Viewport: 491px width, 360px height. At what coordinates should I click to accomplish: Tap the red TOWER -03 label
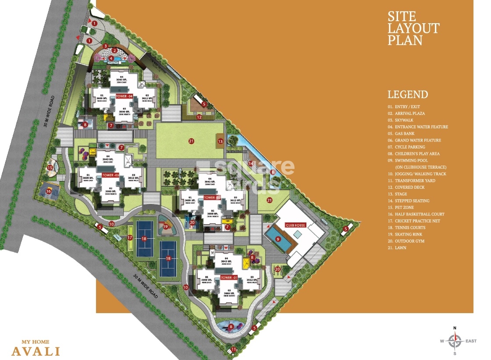point(110,175)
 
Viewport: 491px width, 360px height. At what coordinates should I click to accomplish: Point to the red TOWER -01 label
point(228,278)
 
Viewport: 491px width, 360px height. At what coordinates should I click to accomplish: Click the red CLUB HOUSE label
point(295,225)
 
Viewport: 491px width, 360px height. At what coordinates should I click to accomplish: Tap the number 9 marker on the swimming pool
point(278,239)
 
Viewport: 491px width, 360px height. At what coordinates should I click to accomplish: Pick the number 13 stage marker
point(221,141)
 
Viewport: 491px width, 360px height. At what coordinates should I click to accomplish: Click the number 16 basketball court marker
point(49,191)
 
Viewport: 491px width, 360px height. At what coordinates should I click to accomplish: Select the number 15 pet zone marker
point(50,167)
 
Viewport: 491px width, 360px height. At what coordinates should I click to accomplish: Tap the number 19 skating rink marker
point(166,226)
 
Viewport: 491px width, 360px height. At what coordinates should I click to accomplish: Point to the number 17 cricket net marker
point(130,237)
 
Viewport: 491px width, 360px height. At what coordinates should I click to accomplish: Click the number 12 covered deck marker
point(199,117)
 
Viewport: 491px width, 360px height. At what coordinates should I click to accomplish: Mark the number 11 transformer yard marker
point(234,349)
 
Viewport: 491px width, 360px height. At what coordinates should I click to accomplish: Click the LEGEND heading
point(407,94)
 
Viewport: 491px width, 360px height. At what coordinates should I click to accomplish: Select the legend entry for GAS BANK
point(401,134)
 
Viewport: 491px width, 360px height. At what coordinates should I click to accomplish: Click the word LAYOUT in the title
point(413,28)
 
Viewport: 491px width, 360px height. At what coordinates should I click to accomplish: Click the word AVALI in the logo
point(36,351)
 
